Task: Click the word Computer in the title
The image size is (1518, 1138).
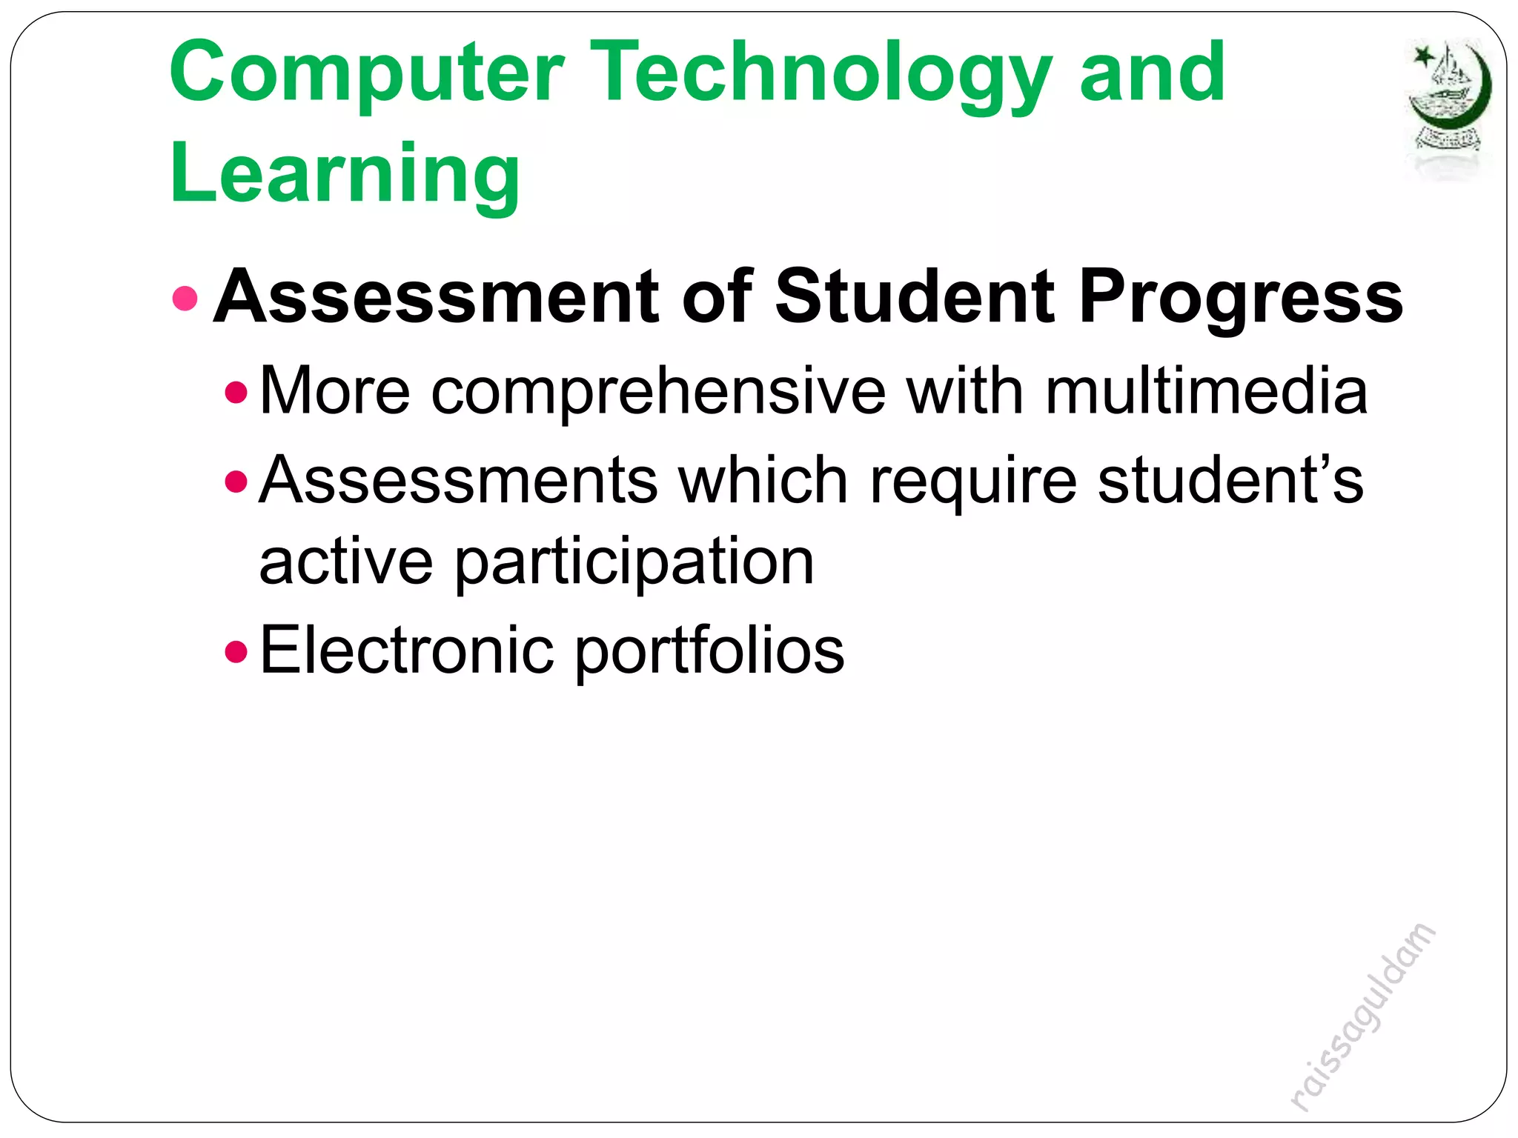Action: point(367,74)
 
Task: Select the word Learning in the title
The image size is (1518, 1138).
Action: point(345,175)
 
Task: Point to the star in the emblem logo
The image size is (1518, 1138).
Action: point(1422,56)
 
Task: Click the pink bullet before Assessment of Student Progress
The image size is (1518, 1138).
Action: point(185,299)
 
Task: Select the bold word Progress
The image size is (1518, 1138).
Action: point(1240,299)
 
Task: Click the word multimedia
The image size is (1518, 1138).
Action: point(1206,391)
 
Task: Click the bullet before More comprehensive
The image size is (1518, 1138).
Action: point(236,392)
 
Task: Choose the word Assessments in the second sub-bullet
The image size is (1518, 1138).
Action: point(458,480)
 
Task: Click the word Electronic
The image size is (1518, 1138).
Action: point(406,650)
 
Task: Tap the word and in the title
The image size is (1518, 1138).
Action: point(1152,74)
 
